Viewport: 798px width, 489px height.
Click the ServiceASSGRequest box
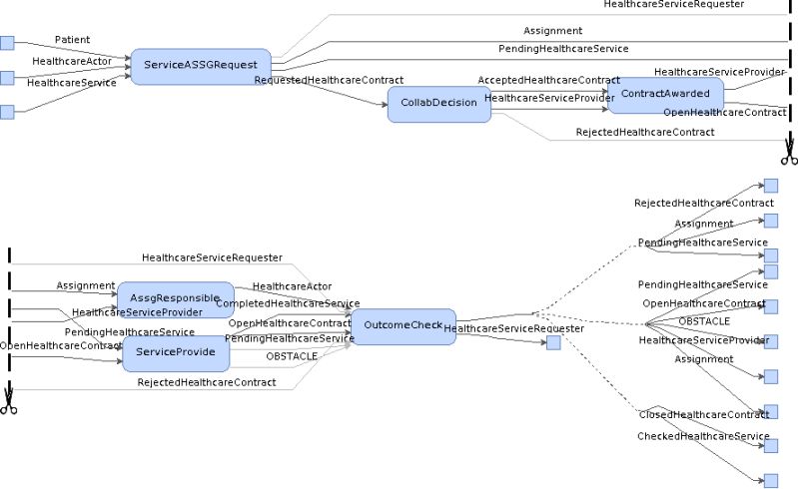[201, 65]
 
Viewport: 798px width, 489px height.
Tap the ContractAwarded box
[665, 93]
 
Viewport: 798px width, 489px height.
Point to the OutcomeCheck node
[402, 325]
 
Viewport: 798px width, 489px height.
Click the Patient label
[72, 40]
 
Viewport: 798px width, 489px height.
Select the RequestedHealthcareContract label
[329, 80]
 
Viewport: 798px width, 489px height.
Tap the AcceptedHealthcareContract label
[548, 80]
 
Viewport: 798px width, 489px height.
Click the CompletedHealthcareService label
[288, 303]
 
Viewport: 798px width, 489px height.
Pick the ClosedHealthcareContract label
[703, 414]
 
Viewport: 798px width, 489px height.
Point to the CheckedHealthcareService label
[703, 437]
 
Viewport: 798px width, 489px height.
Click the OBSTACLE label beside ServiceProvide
[292, 355]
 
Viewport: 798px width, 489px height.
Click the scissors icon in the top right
[788, 155]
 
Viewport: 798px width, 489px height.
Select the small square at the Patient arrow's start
[7, 42]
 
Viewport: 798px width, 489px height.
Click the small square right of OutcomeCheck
[553, 343]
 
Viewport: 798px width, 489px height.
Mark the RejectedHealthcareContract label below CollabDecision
[644, 133]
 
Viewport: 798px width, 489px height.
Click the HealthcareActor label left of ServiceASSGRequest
[71, 62]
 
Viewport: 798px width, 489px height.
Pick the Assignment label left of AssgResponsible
[85, 285]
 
